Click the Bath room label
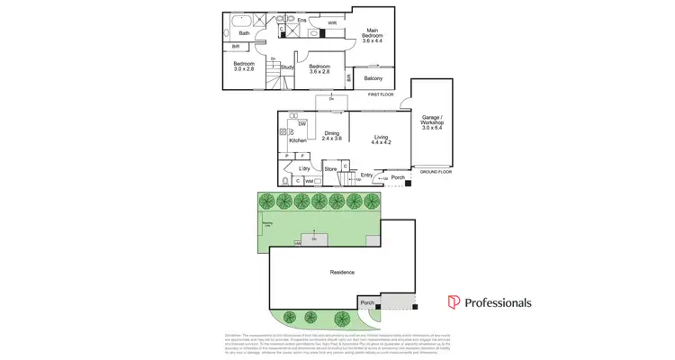[244, 33]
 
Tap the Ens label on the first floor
[302, 20]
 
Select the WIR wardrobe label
[332, 23]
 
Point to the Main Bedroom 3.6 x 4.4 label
[372, 37]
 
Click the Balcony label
[373, 78]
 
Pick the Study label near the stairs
[287, 67]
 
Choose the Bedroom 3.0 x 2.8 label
[244, 67]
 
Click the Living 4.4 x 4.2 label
[381, 139]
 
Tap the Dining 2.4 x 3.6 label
[332, 136]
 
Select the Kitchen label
[298, 140]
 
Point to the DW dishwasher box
[302, 123]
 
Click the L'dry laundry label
[304, 168]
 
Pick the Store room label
[330, 168]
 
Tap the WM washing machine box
[309, 181]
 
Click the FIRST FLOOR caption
[381, 94]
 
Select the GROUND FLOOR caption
[436, 171]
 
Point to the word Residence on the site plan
[342, 272]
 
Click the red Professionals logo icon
[454, 302]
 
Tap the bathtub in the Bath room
[242, 20]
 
